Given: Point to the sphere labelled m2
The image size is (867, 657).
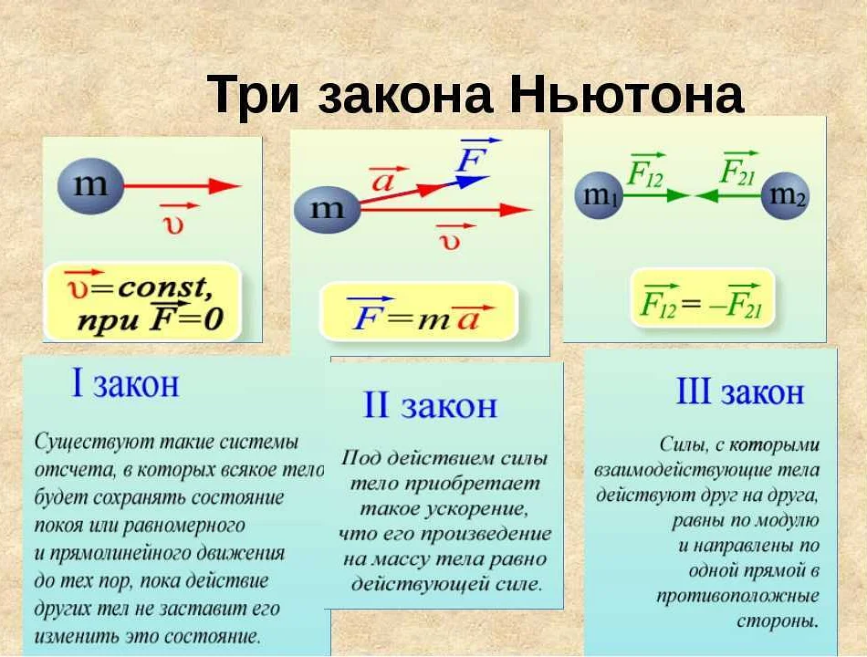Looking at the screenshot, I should click(787, 194).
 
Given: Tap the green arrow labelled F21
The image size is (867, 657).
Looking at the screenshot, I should click(728, 194).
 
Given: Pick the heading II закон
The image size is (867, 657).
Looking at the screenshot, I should click(430, 405).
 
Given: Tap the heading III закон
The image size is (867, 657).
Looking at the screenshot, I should click(739, 392).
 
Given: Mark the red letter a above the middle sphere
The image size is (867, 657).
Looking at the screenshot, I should click(383, 180).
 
